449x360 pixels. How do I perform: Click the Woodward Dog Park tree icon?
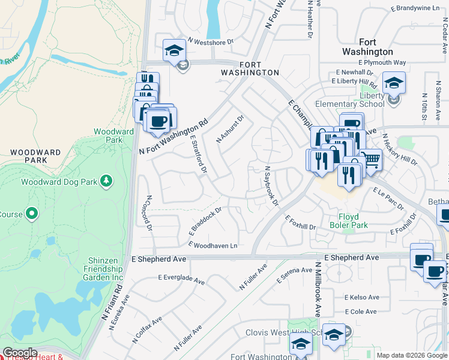pos(106,181)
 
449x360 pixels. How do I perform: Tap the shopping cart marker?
pos(372,160)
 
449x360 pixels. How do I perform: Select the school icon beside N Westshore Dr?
pos(174,51)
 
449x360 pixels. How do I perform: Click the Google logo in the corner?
pos(19,353)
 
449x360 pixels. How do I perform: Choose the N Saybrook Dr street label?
pos(270,187)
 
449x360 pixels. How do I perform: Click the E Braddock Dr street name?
pos(205,221)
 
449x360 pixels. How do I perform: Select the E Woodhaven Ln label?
pos(213,246)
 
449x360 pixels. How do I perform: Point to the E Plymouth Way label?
pos(382,62)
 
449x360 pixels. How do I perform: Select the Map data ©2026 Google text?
pos(412,355)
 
